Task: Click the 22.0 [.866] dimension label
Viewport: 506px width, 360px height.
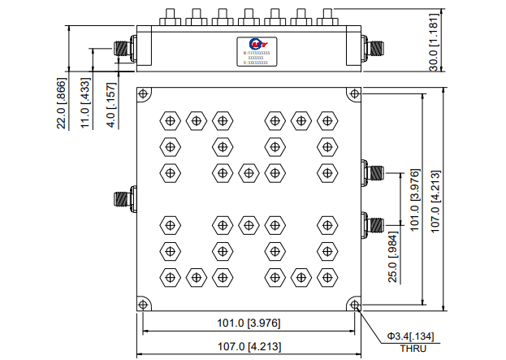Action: [x=61, y=103]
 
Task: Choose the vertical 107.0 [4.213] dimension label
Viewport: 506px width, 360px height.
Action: [x=435, y=200]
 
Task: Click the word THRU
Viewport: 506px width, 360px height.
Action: [x=412, y=348]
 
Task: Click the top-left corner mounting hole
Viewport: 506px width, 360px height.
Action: [x=143, y=93]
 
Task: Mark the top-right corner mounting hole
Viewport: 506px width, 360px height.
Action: [x=354, y=93]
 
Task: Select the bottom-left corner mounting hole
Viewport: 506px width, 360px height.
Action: [x=143, y=304]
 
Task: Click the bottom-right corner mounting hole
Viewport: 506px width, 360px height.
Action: [x=354, y=304]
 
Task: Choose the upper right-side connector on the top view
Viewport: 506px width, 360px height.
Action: [x=374, y=172]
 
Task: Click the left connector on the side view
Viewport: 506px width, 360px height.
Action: [x=123, y=48]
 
